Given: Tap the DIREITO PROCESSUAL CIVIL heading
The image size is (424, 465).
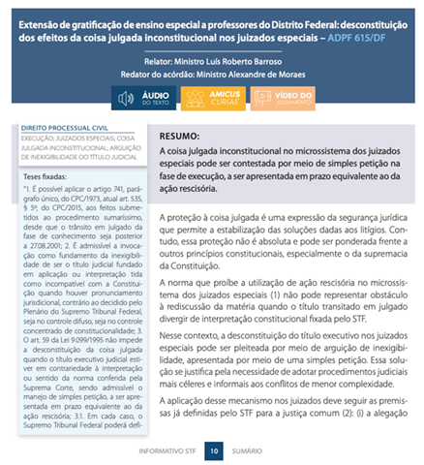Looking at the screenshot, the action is pos(61,128).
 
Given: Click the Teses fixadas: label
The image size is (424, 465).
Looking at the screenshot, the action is pos(47,177).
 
